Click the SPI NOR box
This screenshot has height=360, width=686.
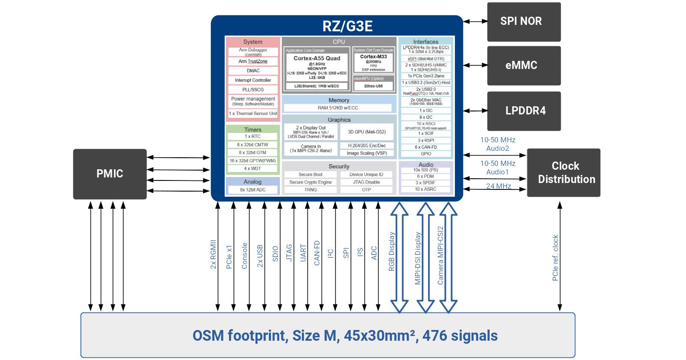(x=524, y=21)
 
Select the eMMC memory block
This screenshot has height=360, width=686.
(x=524, y=66)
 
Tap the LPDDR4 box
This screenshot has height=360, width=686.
(x=524, y=111)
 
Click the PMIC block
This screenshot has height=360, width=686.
(x=110, y=174)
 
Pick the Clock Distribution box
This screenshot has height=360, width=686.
(x=563, y=173)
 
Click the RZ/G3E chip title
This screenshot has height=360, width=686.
(x=347, y=27)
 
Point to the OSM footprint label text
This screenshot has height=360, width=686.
(x=345, y=336)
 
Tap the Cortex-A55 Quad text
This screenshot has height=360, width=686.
(x=317, y=58)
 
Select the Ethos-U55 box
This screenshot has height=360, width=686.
(x=373, y=86)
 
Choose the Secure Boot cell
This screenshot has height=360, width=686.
(x=310, y=174)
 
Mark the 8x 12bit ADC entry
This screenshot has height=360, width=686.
(x=253, y=189)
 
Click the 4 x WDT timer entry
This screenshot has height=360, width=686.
(x=253, y=168)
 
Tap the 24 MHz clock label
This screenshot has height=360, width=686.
(x=498, y=186)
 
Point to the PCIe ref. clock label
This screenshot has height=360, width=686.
(x=556, y=258)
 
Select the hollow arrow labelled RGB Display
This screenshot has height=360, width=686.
(x=400, y=257)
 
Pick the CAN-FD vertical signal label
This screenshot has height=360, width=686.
(x=317, y=253)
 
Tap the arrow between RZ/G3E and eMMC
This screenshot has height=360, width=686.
(x=475, y=66)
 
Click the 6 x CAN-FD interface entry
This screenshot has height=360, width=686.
(x=426, y=147)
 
